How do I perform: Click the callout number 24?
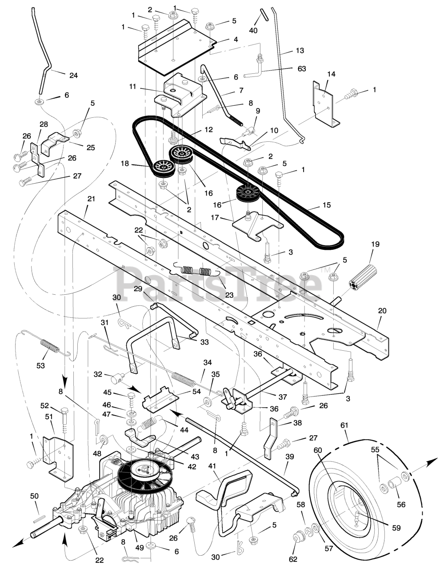coord(73,76)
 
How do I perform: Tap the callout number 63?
coord(302,69)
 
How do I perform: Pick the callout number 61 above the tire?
coord(344,425)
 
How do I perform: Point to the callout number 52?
coord(44,405)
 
